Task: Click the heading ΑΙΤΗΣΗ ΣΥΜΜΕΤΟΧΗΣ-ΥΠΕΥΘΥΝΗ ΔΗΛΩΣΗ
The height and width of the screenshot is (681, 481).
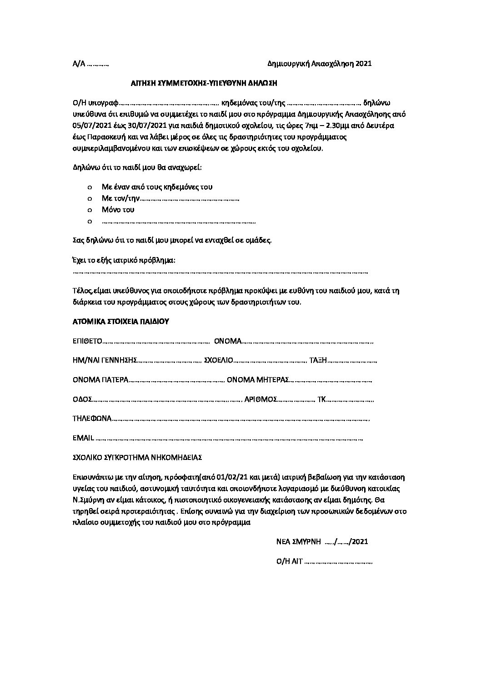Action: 203,83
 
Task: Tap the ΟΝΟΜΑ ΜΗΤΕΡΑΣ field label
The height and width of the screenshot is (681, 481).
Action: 258,380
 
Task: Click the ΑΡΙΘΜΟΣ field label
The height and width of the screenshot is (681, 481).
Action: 261,399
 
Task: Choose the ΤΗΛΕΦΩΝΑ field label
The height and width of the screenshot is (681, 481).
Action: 92,419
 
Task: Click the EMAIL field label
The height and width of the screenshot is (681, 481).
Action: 83,439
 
